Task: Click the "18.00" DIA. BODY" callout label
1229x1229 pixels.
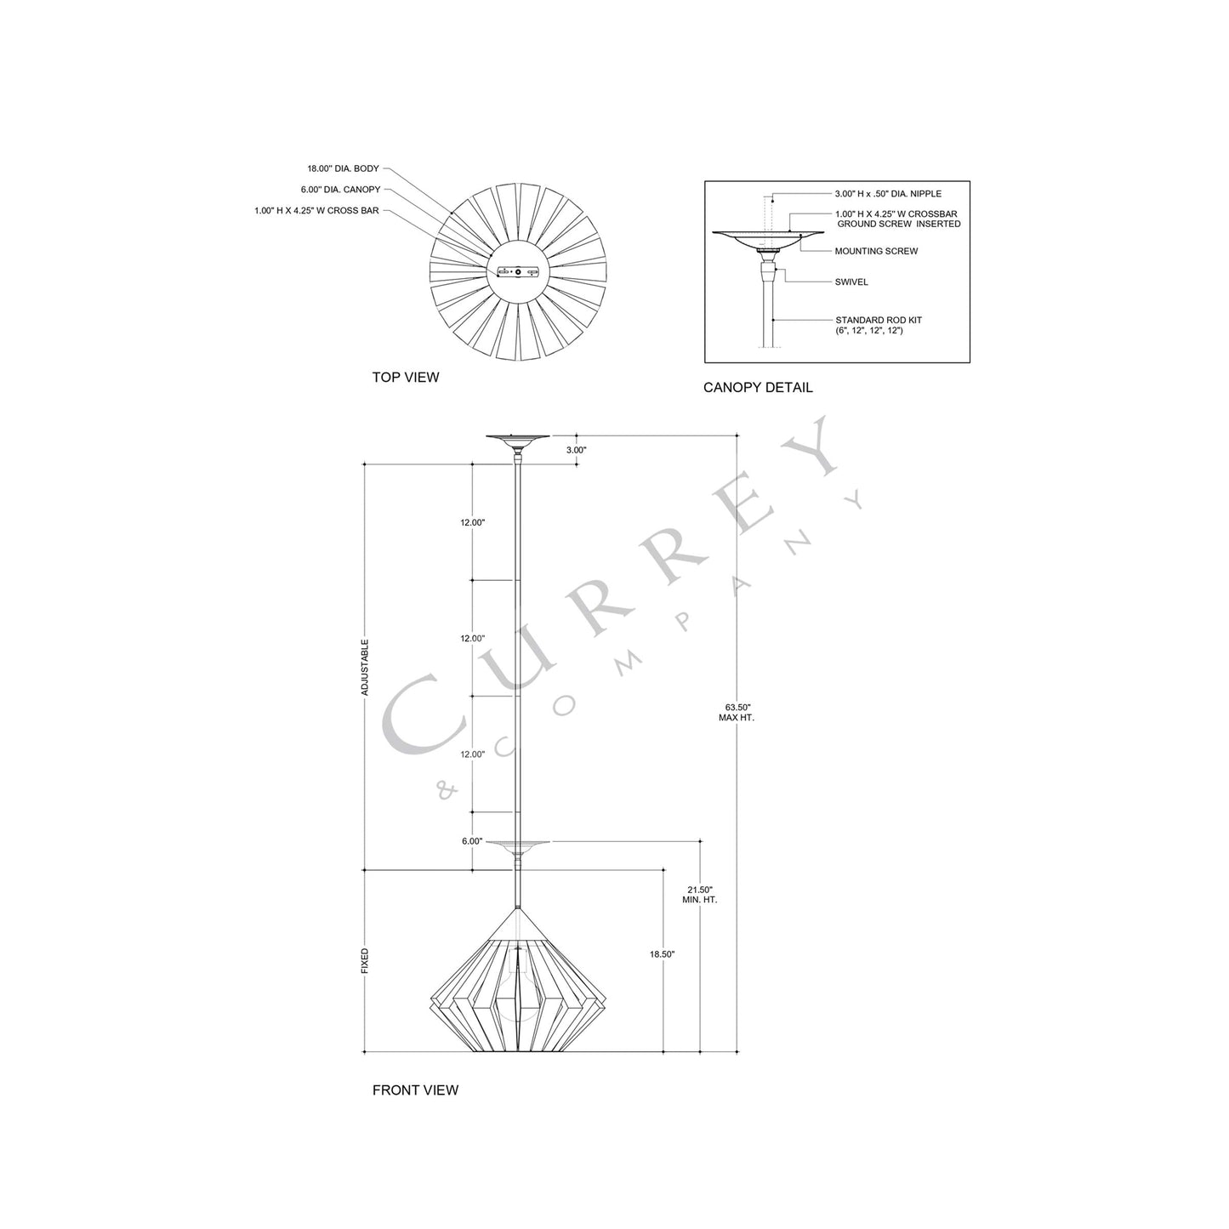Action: [x=343, y=168]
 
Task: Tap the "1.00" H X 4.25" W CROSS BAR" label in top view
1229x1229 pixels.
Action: [x=316, y=210]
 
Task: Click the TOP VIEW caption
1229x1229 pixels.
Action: [x=405, y=377]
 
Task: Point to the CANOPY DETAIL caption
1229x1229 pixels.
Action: [x=757, y=388]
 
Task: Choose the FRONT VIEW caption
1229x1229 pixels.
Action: [x=415, y=1090]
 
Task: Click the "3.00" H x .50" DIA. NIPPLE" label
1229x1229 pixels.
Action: [x=888, y=194]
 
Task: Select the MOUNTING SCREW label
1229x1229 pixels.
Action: [x=876, y=251]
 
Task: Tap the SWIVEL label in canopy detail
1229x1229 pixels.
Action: [x=851, y=282]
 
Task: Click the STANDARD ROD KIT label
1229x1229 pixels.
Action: [x=878, y=321]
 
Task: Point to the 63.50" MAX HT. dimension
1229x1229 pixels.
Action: [x=737, y=712]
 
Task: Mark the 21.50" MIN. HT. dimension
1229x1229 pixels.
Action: [x=700, y=894]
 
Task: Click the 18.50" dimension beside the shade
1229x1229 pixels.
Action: [x=662, y=954]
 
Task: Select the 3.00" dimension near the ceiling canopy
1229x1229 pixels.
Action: [x=575, y=449]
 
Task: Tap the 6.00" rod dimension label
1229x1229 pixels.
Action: [x=472, y=841]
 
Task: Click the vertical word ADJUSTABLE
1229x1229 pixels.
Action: [x=365, y=668]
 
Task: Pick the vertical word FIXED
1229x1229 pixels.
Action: [x=365, y=961]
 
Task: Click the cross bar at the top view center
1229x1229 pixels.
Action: [x=517, y=272]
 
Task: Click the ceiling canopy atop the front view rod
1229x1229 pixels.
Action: [x=517, y=440]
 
